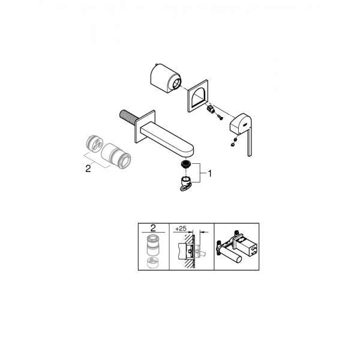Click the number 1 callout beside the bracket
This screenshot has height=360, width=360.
point(209,173)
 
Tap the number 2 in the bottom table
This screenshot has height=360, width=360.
point(153,228)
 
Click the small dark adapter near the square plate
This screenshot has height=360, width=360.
point(211,110)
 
